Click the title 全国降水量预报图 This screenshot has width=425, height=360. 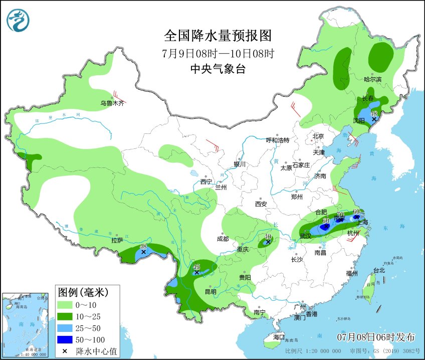pos(218,36)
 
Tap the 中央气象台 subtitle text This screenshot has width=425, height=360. pos(218,69)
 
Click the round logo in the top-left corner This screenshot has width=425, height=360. pos(19,20)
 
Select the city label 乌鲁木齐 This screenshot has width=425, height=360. pos(111,104)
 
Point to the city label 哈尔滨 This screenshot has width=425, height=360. pos(372,80)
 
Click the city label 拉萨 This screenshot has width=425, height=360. pos(117,241)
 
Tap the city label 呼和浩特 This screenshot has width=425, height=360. pos(277,140)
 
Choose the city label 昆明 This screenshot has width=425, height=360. pos(210,292)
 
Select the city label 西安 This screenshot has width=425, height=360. pos(261,204)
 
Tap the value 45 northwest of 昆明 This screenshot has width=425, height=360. pos(196,267)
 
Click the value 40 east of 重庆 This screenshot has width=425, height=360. pos(268,236)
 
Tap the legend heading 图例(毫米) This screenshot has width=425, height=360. pos(83,291)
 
